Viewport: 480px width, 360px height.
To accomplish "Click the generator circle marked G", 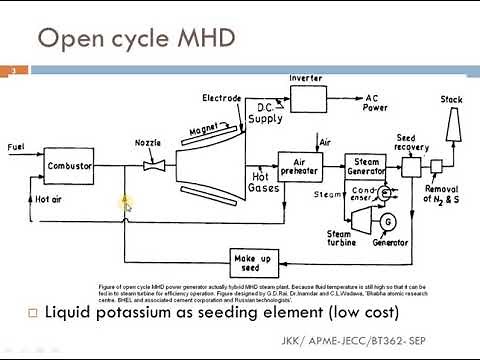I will coord(388,220).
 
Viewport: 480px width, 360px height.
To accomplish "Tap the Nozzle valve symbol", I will coord(153,166).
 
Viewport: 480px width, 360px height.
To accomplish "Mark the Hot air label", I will coord(48,198).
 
